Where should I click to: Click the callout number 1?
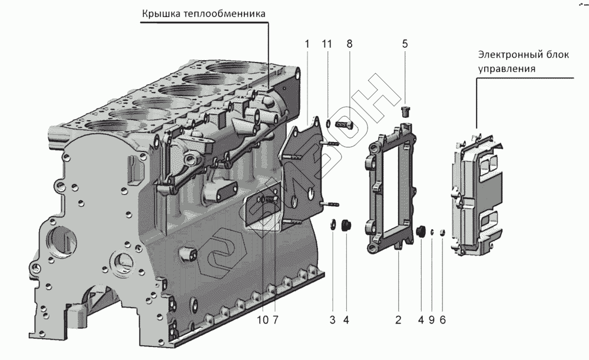[307, 44]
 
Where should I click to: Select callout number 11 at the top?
[327, 44]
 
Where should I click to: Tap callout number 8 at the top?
[349, 44]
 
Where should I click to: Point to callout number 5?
[405, 44]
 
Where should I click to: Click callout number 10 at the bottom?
[262, 320]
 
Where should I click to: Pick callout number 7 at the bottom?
[275, 320]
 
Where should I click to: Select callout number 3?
[333, 320]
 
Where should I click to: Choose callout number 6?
[442, 320]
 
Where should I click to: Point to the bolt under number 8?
[343, 124]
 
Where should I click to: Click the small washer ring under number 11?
[327, 124]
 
